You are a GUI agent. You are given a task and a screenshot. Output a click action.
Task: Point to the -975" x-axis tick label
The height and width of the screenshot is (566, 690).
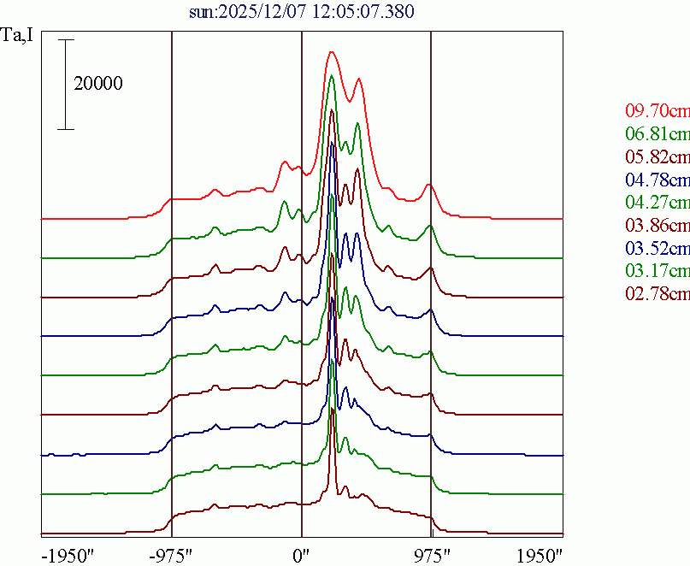[x=172, y=554]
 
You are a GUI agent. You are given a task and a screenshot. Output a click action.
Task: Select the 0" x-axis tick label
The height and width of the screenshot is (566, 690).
[x=302, y=554]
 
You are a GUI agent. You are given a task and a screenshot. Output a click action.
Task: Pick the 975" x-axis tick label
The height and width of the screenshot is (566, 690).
[x=431, y=554]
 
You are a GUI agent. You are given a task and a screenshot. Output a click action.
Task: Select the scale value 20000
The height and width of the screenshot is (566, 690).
[x=98, y=84]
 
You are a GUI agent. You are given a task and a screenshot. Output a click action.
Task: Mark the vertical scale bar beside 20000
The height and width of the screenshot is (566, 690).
[x=67, y=85]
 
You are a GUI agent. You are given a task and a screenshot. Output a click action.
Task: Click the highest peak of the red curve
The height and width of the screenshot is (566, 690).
[x=332, y=51]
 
